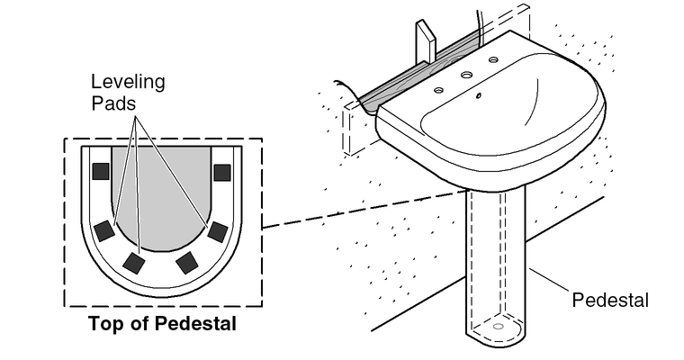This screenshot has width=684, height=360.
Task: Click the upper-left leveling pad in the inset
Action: coord(101,171)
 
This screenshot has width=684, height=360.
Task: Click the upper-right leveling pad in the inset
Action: coord(221,172)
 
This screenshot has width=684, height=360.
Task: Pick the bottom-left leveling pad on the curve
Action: coord(135,263)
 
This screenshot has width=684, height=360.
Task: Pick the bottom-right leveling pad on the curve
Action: coord(187,263)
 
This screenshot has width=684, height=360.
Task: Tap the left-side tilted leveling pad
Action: coord(105,230)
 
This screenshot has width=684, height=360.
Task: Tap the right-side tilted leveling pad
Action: coord(217,231)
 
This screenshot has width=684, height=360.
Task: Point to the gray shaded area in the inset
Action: coord(161,198)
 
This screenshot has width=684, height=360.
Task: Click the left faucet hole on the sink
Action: coord(437,90)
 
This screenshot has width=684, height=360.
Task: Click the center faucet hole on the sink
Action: coord(467,76)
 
